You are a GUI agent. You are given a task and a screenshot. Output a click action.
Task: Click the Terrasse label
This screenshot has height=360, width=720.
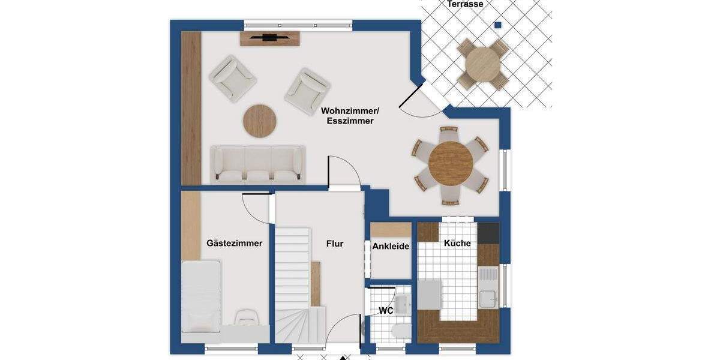click(x=465, y=4)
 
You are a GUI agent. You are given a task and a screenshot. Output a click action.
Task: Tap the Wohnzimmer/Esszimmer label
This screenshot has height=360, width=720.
click(x=350, y=116)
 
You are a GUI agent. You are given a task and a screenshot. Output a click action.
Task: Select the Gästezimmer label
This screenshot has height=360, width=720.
click(x=234, y=243)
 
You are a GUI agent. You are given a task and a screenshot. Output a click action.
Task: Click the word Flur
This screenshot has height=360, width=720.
click(x=335, y=244)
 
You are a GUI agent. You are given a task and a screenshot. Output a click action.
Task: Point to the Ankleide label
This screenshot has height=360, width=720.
click(x=391, y=246)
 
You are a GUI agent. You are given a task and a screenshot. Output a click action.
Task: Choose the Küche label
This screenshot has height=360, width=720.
click(x=457, y=243)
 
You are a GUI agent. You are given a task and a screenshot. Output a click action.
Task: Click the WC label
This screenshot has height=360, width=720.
click(x=386, y=311)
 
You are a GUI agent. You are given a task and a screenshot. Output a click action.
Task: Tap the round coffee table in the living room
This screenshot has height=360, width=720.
click(x=260, y=121)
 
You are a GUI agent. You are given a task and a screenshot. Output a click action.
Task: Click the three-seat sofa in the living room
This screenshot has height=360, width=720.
click(x=257, y=164)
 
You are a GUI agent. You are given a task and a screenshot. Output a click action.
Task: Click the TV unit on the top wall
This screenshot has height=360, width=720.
click(x=270, y=38)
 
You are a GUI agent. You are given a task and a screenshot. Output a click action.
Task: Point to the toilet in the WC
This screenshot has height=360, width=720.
click(x=400, y=331)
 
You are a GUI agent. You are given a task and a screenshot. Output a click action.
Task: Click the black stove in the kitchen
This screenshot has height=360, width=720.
click(x=488, y=233)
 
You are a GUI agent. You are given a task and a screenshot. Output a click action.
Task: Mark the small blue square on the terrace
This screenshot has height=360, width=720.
click(x=497, y=25)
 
